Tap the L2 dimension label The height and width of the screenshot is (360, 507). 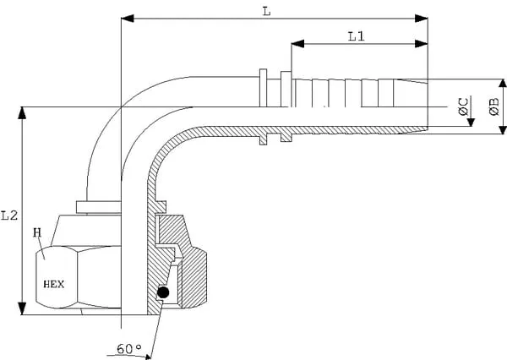pyautogui.click(x=8, y=216)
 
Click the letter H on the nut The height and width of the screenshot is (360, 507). pyautogui.click(x=37, y=232)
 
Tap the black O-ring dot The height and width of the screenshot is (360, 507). pyautogui.click(x=163, y=292)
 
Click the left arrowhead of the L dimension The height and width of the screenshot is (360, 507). pyautogui.click(x=127, y=19)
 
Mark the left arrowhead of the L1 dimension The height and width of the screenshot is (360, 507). pyautogui.click(x=297, y=44)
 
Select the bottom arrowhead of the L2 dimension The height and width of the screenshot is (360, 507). pyautogui.click(x=22, y=310)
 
